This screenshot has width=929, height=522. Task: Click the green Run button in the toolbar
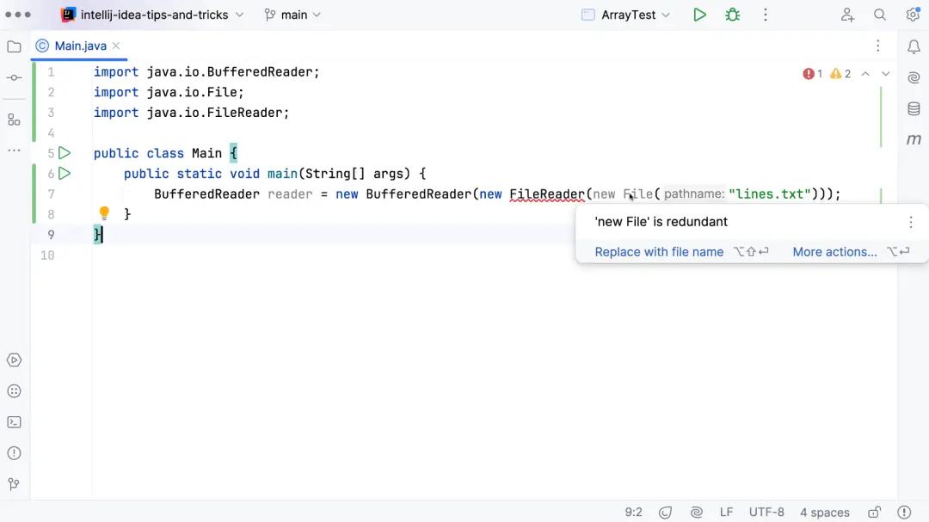click(699, 15)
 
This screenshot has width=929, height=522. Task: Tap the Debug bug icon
click(733, 15)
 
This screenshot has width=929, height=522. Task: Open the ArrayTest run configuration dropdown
click(627, 15)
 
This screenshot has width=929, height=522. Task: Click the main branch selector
click(292, 15)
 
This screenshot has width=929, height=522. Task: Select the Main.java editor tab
click(80, 46)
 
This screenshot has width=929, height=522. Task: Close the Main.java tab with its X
click(116, 46)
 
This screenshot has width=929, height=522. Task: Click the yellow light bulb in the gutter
click(104, 212)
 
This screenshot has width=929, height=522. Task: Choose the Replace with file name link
click(659, 252)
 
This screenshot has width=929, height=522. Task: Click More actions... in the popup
click(834, 252)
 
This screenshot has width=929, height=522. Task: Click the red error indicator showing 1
click(812, 73)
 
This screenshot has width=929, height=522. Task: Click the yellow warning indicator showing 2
click(840, 73)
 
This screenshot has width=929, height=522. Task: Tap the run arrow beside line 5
click(65, 153)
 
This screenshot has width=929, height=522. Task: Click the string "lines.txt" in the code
click(770, 193)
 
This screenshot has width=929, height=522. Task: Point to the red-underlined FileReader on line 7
click(547, 193)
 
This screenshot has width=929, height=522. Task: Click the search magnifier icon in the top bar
click(880, 15)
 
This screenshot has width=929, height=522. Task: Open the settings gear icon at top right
click(913, 15)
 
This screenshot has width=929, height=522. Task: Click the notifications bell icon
click(914, 46)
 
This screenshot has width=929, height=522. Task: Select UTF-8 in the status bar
click(766, 512)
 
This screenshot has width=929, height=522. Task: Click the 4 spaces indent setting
click(825, 512)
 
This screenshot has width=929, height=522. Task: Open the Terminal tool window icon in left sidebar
click(15, 422)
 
